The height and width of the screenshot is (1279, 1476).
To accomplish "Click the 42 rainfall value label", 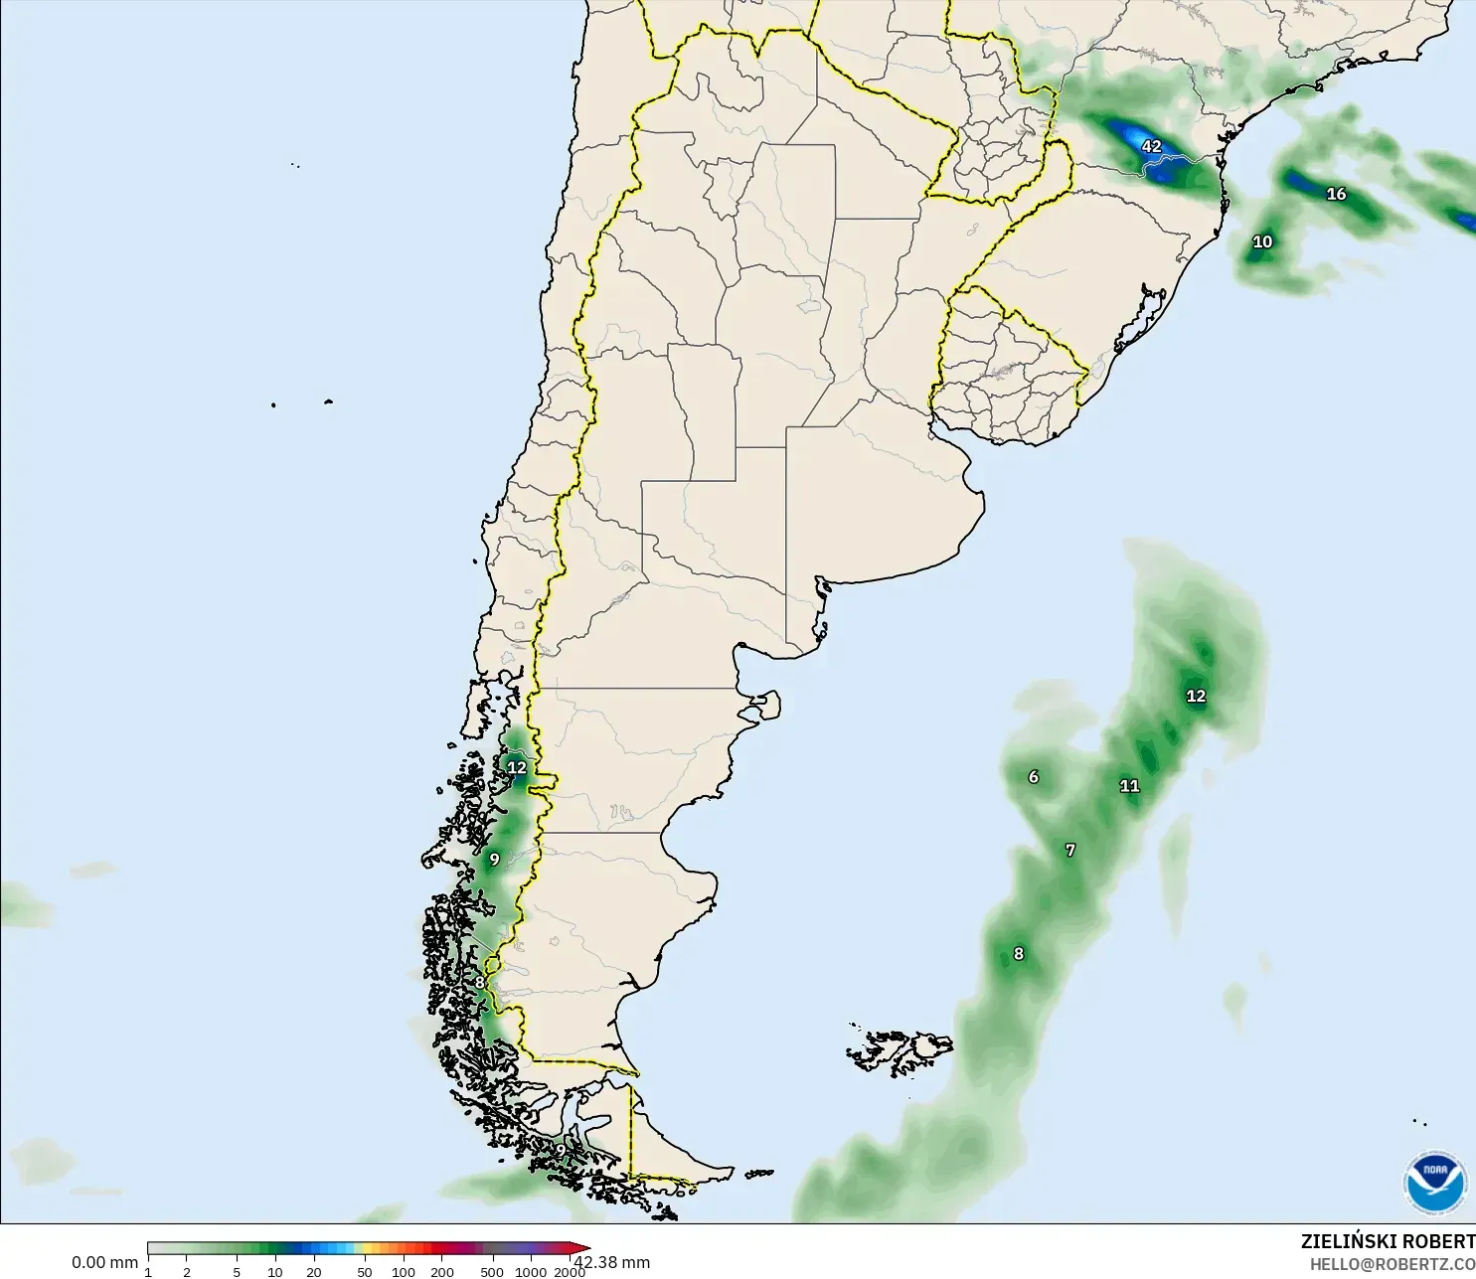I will coord(1151,146).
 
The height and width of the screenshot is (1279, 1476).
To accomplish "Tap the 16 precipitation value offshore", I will coord(1337,194).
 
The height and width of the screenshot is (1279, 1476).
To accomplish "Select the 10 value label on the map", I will coord(1262,241).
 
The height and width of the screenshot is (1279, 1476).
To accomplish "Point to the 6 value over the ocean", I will coord(1034,777).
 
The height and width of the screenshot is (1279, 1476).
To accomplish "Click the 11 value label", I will coord(1130,786).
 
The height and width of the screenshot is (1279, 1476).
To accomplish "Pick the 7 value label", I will coord(1070,851).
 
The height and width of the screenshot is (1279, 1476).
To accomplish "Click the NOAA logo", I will coord(1435,1183).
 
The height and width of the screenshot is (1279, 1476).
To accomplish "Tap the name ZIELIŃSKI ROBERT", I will coord(1388,1241).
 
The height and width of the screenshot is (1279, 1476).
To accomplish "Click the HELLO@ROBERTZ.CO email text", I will coord(1392,1264).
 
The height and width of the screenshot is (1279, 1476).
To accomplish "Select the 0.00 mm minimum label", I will coord(104,1262).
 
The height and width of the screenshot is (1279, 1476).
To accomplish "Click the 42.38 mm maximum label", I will coord(614,1262).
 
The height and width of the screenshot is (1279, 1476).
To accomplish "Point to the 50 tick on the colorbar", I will coord(365,1272).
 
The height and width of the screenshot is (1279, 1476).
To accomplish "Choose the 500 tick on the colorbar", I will coord(492,1272).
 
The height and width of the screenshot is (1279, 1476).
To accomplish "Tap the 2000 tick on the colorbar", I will coord(570,1272).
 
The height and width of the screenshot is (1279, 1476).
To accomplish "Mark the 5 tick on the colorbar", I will coord(237,1272).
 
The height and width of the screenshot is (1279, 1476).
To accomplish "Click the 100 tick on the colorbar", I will coord(404,1272).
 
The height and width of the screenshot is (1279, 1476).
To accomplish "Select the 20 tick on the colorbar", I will coord(314,1272).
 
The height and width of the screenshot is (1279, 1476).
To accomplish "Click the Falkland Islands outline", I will coord(900,1051).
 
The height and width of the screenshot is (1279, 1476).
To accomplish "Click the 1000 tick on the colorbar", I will coord(531,1272).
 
